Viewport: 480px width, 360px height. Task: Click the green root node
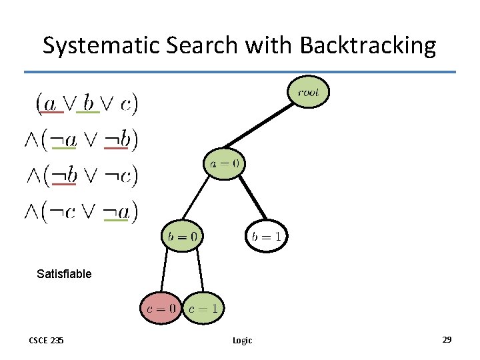tap(308, 93)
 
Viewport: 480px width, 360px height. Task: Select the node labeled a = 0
tap(224, 163)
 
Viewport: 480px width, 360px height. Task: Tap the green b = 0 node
tap(181, 235)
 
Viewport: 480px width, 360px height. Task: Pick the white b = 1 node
tap(266, 236)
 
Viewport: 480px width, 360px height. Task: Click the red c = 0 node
tap(161, 308)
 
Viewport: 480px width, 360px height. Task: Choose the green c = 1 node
tap(203, 309)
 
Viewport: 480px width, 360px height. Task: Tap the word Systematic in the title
tap(103, 45)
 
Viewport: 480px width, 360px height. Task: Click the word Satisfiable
tap(64, 273)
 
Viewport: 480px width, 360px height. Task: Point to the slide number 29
tap(447, 340)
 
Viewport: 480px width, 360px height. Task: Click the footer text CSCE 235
tap(46, 340)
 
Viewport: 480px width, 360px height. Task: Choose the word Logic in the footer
tap(242, 340)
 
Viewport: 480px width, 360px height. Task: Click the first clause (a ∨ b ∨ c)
tap(86, 103)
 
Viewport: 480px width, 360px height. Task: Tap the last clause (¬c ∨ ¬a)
tap(81, 211)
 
